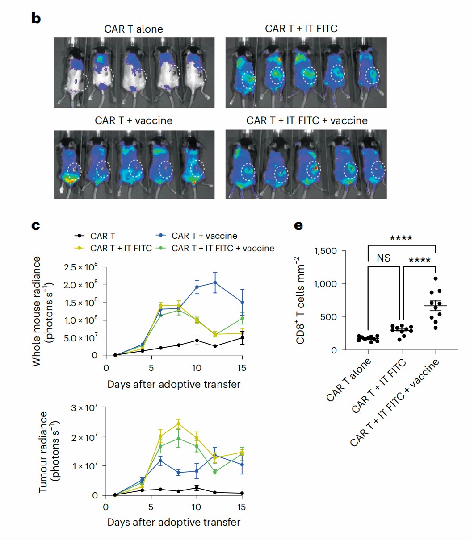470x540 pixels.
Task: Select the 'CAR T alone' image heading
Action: pos(134,29)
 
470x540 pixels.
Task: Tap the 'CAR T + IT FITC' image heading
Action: pos(301,29)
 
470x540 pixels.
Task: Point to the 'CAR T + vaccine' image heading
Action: pos(133,121)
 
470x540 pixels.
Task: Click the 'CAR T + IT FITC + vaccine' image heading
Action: pos(307,121)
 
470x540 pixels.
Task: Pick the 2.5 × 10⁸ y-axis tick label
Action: pos(80,268)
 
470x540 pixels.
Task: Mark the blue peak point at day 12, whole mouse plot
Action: pos(215,282)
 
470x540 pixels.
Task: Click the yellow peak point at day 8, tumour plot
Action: pos(178,424)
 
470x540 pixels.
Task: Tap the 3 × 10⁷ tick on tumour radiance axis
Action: pos(85,407)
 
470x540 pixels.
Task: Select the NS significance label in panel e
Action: pos(383,258)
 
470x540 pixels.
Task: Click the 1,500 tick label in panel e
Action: pos(325,251)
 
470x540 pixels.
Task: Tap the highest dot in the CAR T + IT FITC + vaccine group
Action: pos(436,279)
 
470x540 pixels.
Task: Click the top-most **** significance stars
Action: pos(401,238)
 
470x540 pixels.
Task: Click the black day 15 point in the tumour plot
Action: pos(242,493)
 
